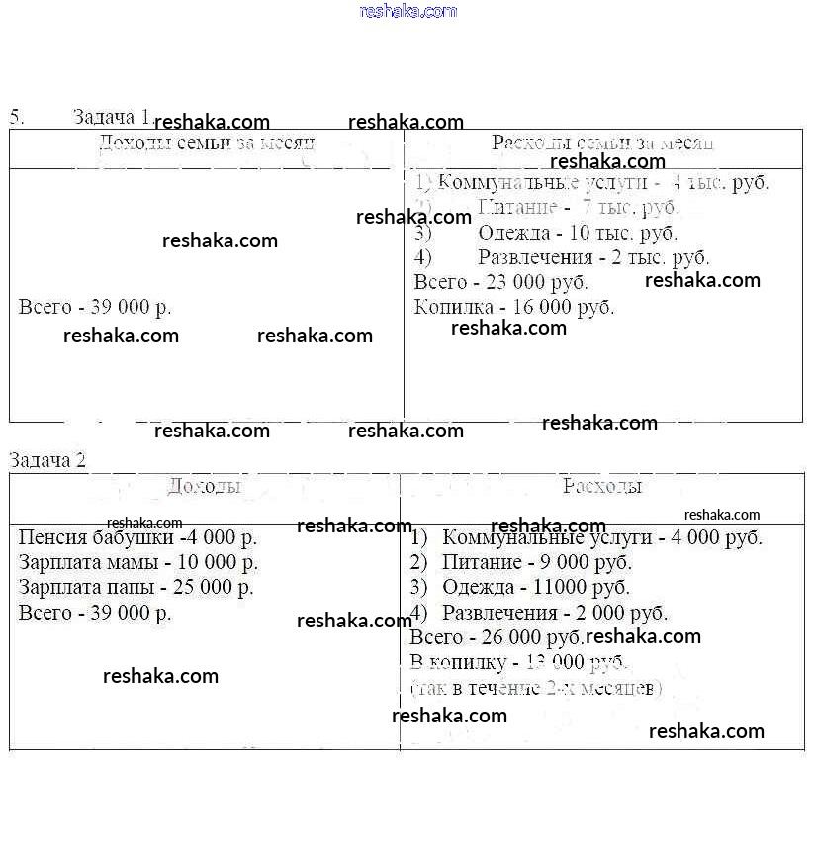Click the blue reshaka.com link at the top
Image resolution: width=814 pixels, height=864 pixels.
(408, 11)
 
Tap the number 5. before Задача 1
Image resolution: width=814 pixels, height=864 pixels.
(17, 116)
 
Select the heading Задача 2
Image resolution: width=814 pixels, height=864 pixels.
(47, 460)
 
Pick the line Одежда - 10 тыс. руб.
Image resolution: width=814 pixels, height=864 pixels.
(577, 234)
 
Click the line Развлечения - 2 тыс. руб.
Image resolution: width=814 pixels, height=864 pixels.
(592, 257)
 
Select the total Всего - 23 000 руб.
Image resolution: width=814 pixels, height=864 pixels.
(500, 282)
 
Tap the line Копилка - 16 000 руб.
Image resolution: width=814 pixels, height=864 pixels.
(514, 307)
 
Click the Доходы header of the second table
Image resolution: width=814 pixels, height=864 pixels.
(204, 486)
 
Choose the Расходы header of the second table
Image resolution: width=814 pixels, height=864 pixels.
(601, 486)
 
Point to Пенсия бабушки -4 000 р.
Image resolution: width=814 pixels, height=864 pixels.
(137, 538)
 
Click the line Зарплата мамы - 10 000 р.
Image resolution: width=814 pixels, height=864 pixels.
(138, 563)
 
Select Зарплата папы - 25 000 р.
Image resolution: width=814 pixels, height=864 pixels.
(136, 587)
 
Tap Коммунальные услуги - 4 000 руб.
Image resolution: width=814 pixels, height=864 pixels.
(601, 538)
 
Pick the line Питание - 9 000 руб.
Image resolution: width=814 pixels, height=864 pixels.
(536, 563)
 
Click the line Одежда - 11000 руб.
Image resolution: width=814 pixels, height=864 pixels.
(535, 588)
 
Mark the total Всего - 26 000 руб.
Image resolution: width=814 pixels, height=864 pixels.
(496, 637)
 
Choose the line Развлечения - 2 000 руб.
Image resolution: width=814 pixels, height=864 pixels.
(554, 613)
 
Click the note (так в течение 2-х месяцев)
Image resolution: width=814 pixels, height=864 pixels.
(536, 687)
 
